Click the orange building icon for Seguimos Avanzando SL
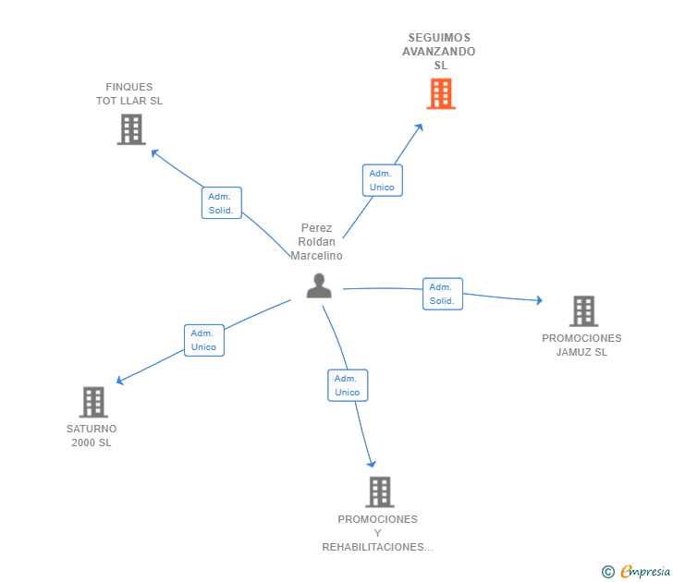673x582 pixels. [x=441, y=93]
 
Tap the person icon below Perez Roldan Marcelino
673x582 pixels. [x=319, y=285]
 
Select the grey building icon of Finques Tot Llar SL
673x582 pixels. [x=131, y=129]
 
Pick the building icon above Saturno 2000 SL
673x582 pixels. [x=93, y=402]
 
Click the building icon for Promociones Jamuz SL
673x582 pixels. [x=583, y=311]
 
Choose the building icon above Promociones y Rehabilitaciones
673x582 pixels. [x=380, y=492]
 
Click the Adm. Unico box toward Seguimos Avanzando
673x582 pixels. [x=383, y=180]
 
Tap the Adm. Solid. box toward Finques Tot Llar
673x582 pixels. [x=222, y=203]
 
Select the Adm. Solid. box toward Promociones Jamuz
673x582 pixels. [x=443, y=294]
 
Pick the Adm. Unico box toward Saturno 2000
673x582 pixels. [x=204, y=340]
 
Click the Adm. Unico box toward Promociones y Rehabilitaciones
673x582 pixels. [x=348, y=385]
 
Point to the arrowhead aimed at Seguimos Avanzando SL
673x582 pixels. [x=420, y=127]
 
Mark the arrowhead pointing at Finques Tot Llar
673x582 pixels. [x=155, y=152]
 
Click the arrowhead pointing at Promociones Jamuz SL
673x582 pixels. [x=539, y=300]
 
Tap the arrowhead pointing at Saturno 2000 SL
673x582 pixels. [x=120, y=380]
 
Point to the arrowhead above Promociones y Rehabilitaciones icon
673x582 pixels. [x=372, y=463]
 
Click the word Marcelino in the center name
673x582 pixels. [x=317, y=256]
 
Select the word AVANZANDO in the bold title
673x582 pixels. [x=438, y=52]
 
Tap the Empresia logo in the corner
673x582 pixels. [x=636, y=571]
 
